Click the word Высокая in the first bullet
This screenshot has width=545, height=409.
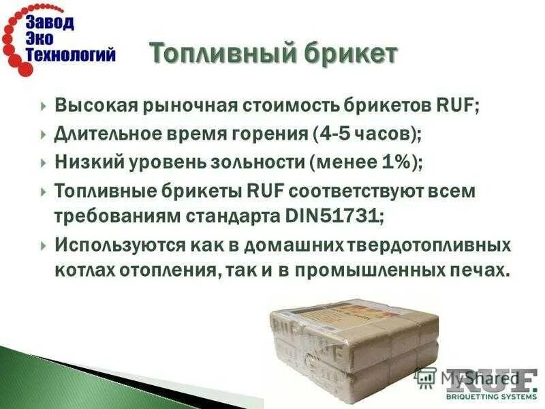coord(95,106)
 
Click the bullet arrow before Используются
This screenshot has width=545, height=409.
coord(43,244)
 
